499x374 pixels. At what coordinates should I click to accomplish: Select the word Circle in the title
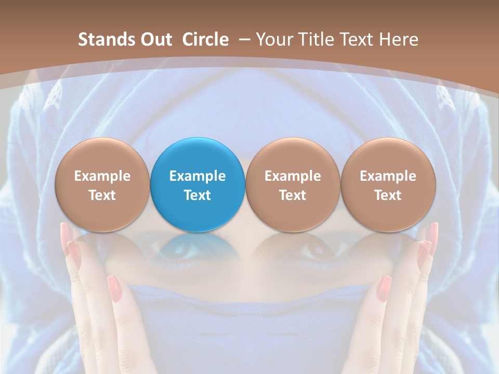(205, 39)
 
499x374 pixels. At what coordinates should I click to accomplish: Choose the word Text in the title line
(352, 39)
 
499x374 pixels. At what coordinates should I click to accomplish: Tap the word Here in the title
(398, 39)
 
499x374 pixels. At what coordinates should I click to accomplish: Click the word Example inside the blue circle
(198, 176)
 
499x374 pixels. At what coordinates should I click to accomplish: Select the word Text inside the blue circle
(198, 195)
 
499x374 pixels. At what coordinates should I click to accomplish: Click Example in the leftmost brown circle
(102, 176)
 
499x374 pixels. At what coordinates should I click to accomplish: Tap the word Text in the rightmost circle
(388, 195)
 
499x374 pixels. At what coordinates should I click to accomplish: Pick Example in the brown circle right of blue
(293, 176)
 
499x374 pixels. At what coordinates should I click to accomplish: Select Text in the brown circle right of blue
(293, 195)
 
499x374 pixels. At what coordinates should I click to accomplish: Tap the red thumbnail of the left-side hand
(114, 288)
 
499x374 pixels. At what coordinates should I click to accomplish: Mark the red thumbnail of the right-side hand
(384, 288)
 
